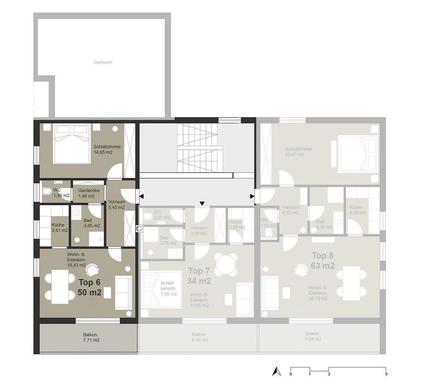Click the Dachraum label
coord(103,62)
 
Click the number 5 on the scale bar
coord(386,374)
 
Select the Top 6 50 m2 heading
coord(89,288)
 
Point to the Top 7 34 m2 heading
coord(199,276)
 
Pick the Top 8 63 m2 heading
coord(323,261)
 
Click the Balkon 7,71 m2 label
coord(91,337)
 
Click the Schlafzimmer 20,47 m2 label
coord(299,152)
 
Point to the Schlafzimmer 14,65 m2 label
coord(107,149)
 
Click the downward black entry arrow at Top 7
coord(202,204)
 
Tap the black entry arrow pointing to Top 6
coord(142,196)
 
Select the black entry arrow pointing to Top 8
coord(252,196)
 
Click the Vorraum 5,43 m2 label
coord(117,204)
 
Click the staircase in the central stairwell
coord(197,148)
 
